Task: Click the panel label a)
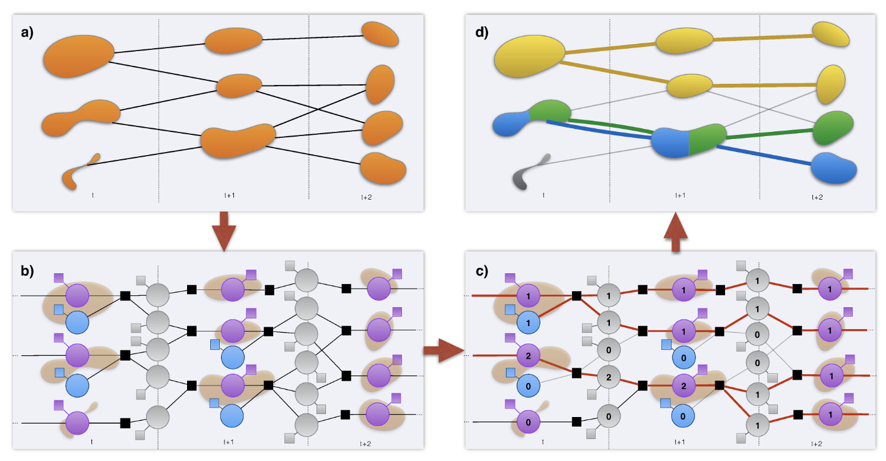27,33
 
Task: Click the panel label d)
480,33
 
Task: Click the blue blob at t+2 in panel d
834,168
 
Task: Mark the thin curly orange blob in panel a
77,173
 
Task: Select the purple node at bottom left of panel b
77,422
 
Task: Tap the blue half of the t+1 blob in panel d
670,143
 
